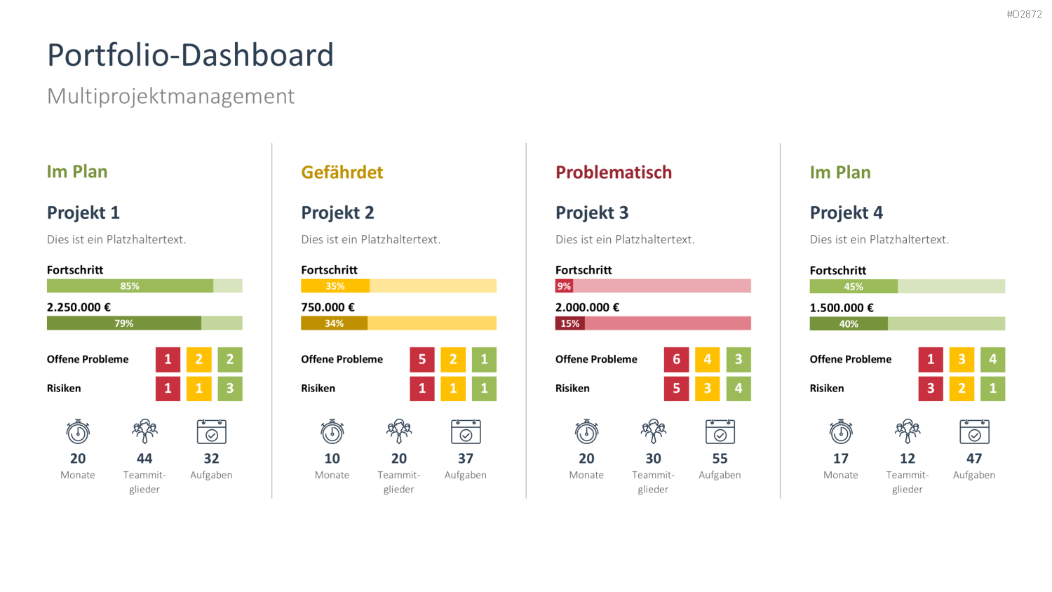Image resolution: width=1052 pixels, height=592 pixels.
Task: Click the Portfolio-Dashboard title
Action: (x=190, y=55)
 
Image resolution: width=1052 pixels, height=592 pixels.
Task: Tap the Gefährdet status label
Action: (x=342, y=173)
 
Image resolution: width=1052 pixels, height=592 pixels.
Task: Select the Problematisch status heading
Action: (x=614, y=173)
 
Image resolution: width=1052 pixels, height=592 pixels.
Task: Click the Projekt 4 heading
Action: (x=847, y=213)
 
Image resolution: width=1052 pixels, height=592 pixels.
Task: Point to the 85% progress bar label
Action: (x=130, y=285)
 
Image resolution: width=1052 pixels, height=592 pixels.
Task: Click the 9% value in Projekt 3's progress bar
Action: (x=564, y=285)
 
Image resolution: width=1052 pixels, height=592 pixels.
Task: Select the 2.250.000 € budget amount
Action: (x=79, y=307)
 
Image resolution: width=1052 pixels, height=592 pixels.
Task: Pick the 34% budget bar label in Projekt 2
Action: (x=334, y=323)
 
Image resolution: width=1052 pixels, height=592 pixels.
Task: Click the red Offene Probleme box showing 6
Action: (x=676, y=359)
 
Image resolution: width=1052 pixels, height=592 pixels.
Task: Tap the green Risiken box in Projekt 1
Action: (x=230, y=389)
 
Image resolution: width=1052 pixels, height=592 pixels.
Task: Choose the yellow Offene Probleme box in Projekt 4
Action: (x=962, y=359)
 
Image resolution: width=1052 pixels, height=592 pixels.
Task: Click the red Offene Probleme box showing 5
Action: (x=422, y=359)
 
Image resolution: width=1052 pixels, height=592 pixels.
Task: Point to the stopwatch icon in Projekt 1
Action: (x=78, y=431)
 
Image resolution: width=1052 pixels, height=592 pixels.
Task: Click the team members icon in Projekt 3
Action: (x=653, y=431)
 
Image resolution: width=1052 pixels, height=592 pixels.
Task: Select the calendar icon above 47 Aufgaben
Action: (x=974, y=431)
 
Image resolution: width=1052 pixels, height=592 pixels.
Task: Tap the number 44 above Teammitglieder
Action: (x=144, y=458)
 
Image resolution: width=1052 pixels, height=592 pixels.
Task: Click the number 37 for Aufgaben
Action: (x=466, y=458)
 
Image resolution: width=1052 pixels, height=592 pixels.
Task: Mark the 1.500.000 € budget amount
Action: (x=842, y=308)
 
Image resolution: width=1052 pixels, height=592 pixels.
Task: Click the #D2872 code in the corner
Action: (x=1024, y=14)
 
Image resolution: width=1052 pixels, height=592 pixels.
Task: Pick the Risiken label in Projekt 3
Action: (x=572, y=389)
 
